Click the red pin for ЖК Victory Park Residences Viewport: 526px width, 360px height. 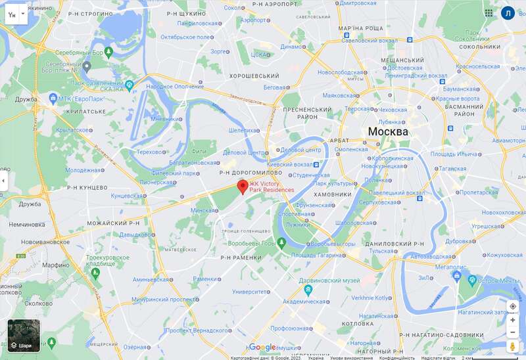(242, 187)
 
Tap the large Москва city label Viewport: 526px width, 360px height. (387, 131)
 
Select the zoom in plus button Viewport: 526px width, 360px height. (512, 320)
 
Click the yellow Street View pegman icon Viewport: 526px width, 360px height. (512, 346)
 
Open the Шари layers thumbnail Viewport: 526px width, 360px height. (24, 336)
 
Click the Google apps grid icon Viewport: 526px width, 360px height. (489, 12)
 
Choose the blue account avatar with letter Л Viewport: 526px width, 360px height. (508, 12)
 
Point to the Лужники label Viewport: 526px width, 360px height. (298, 225)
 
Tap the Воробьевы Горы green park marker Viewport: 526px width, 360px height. (282, 243)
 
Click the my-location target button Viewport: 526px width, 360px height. (512, 306)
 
